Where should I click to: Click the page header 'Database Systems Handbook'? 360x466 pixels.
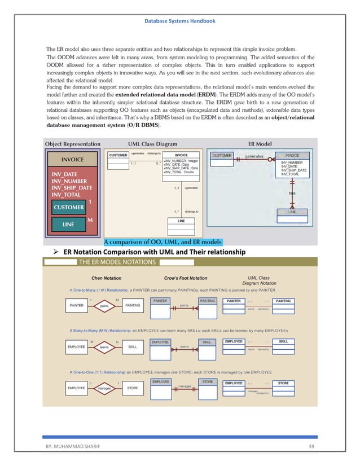(179, 21)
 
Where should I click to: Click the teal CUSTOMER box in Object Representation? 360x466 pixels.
(69, 207)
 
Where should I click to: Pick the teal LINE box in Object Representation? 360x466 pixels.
(67, 225)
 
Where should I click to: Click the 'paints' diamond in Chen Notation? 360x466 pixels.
(104, 306)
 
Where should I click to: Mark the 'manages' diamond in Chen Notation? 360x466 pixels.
(104, 388)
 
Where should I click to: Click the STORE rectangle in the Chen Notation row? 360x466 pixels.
(132, 388)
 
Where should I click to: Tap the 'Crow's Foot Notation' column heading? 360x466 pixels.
(186, 278)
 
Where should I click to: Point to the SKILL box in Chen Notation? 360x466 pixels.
(132, 347)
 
